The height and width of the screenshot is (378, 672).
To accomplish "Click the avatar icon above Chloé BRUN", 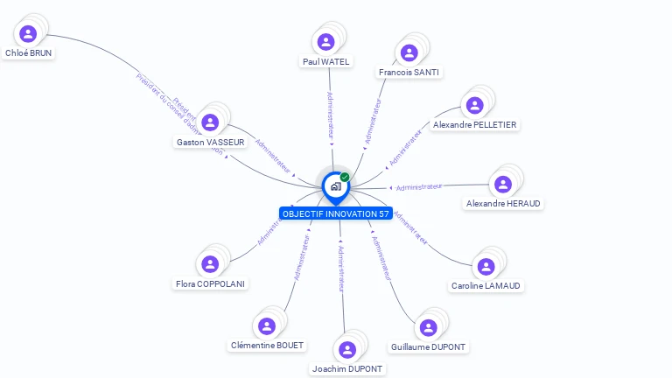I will tap(28, 33).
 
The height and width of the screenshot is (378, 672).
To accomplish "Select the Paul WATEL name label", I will tap(325, 61).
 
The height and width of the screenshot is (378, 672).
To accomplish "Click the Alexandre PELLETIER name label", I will tap(475, 125).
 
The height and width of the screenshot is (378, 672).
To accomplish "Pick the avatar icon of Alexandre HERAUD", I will tap(502, 184).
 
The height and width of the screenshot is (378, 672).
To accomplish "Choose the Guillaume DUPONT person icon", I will tap(428, 327).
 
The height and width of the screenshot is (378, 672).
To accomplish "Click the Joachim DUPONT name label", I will tap(347, 368).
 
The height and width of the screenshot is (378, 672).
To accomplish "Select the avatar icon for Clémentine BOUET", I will tap(267, 325).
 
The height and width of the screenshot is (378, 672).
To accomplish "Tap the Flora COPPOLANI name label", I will tap(210, 283).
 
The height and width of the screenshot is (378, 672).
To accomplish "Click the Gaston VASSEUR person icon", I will tap(209, 122).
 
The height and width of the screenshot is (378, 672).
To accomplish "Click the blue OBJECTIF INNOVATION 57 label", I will tap(336, 214).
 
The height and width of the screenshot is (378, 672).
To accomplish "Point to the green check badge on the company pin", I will tap(345, 178).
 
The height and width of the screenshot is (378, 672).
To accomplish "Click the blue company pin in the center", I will tap(335, 186).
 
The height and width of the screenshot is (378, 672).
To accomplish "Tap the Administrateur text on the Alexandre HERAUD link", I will tap(418, 187).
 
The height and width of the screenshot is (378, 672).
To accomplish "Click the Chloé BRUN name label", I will tap(29, 53).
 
